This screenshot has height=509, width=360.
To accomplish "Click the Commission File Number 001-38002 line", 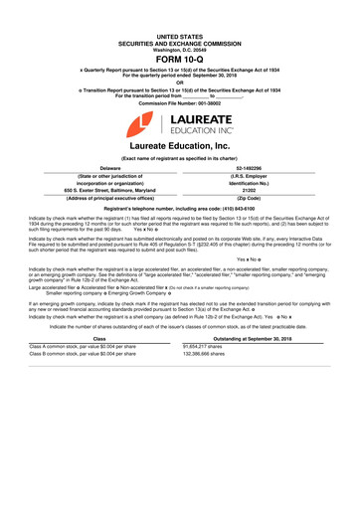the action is point(179,102).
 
